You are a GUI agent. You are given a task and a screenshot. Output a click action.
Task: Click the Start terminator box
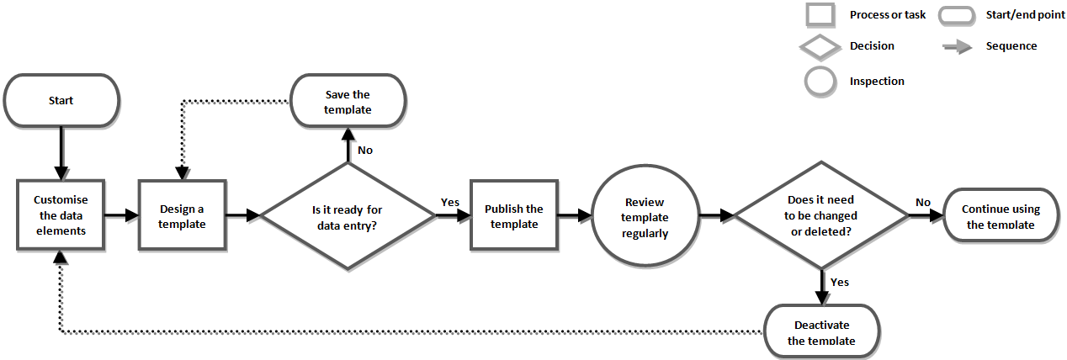coord(61,100)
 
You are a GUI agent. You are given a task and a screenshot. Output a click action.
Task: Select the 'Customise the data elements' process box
coord(60,215)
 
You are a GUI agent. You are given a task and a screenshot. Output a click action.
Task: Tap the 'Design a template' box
coord(182,215)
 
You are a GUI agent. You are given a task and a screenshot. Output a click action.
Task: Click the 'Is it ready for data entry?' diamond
coord(348,216)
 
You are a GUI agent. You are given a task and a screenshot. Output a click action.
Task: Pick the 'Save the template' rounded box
coord(348,102)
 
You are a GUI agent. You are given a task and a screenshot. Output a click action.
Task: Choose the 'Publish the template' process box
coord(514,215)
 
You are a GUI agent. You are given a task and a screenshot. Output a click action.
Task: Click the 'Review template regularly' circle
coord(645,217)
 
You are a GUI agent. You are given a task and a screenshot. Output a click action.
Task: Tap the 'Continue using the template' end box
coord(1001,216)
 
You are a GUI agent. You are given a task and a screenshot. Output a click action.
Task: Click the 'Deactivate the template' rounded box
coord(821,331)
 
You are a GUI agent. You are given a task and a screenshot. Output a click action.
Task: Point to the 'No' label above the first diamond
coord(365,150)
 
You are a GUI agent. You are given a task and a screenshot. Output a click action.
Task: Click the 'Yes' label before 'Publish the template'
coord(450,203)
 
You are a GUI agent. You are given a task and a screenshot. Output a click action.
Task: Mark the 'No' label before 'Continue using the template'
coord(923,202)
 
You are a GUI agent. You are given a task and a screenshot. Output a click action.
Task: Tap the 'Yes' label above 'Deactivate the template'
coord(840,282)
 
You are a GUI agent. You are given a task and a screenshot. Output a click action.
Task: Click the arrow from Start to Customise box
coord(61,153)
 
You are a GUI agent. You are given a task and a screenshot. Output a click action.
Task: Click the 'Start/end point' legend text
coord(1025,15)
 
